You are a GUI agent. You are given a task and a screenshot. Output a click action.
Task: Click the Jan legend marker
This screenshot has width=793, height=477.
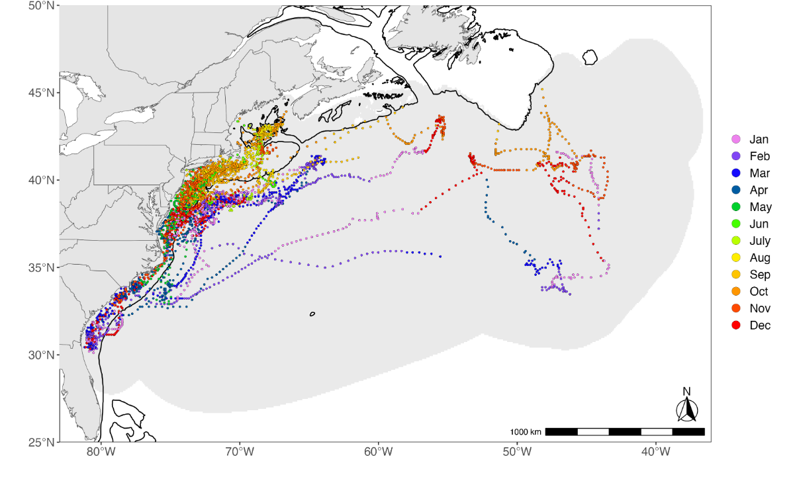[735, 140]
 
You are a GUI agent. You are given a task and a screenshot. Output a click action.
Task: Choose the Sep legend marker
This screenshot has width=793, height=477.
[735, 275]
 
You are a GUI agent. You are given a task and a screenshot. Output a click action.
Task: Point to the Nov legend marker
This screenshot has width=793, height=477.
[735, 308]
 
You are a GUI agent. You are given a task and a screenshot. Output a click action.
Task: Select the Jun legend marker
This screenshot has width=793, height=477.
[735, 224]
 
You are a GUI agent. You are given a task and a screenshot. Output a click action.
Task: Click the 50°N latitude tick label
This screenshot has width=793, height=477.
[42, 6]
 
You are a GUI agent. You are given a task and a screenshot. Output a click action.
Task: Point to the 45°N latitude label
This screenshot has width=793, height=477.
[42, 93]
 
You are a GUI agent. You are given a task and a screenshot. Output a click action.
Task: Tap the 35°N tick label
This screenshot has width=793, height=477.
[42, 267]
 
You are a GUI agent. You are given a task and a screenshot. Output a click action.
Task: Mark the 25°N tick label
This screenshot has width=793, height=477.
[42, 441]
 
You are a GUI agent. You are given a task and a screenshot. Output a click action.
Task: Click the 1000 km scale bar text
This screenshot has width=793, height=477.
[526, 432]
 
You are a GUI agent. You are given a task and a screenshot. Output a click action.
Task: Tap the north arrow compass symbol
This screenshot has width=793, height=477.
[687, 411]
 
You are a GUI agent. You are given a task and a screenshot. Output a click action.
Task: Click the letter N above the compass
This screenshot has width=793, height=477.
[687, 391]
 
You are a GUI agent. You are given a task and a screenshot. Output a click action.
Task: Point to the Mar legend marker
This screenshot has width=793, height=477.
[735, 173]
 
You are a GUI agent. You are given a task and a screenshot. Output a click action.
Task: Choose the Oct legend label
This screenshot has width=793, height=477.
[759, 292]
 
